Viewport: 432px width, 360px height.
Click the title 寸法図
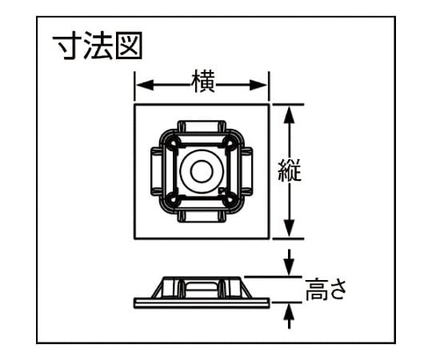point(98,46)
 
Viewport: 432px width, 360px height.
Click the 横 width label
point(202,81)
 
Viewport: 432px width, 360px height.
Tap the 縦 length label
point(290,170)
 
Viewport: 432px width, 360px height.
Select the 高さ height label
point(326,290)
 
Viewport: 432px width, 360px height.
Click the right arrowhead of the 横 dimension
point(258,84)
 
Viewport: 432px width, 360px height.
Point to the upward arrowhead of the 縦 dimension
point(290,114)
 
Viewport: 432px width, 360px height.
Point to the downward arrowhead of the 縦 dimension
point(290,228)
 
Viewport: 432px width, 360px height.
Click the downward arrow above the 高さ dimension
point(290,262)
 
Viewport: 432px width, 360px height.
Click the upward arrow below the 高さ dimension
point(290,316)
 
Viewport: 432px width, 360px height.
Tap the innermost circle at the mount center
point(202,171)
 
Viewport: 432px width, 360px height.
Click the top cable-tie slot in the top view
point(202,126)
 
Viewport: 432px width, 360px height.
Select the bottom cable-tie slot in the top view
point(202,216)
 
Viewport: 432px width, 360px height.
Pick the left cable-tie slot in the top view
point(157,171)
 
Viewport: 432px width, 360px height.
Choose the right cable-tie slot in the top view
point(246,171)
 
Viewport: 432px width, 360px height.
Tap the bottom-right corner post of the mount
point(230,200)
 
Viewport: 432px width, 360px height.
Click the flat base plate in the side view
point(202,302)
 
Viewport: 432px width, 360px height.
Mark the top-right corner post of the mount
point(230,142)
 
